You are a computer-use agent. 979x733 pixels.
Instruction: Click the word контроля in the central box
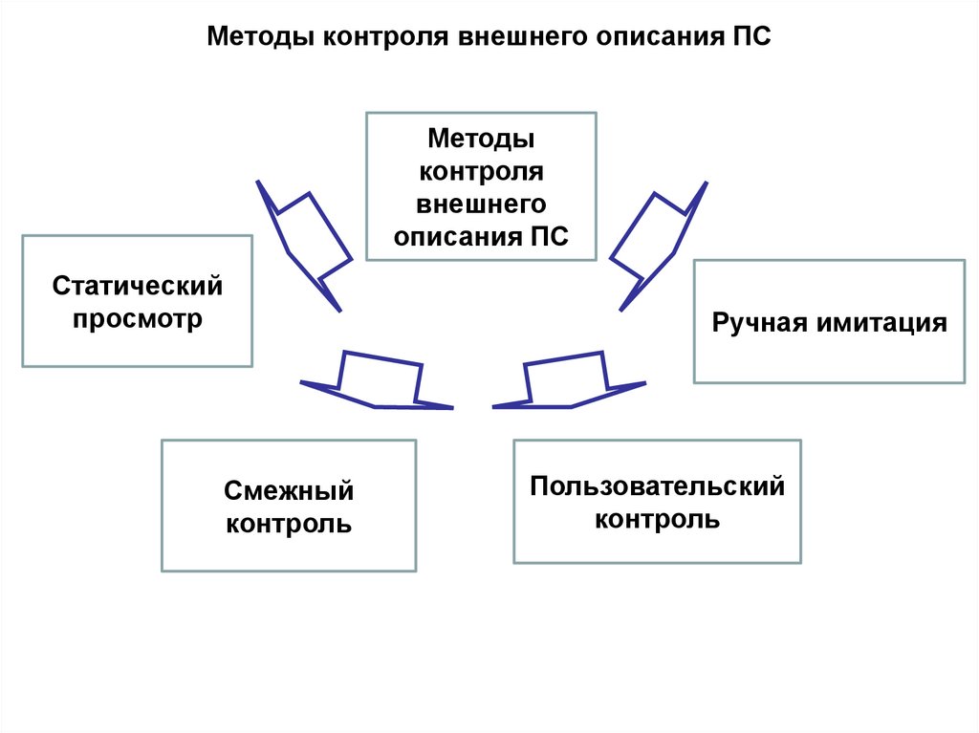click(481, 173)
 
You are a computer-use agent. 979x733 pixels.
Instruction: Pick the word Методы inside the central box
click(481, 140)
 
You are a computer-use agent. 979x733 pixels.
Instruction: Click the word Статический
click(137, 286)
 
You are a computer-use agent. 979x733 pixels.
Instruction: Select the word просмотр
click(137, 318)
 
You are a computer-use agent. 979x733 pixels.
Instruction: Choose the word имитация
click(881, 322)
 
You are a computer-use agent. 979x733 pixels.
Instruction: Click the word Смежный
click(289, 491)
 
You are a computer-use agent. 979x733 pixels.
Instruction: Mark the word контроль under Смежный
click(289, 524)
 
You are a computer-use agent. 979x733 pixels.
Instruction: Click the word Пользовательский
click(657, 486)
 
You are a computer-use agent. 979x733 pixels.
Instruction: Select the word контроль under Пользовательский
click(657, 520)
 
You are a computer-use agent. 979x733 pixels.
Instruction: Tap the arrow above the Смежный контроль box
click(379, 382)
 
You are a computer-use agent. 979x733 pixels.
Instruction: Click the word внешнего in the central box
click(481, 205)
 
